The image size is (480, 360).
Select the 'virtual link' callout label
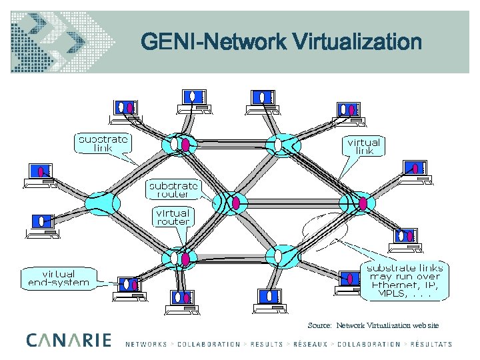click(364, 147)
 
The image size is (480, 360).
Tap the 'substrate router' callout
click(173, 189)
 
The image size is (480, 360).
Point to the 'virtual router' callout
click(173, 217)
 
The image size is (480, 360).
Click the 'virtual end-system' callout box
click(59, 278)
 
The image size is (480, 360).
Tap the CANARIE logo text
click(69, 340)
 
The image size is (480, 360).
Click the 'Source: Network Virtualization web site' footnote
click(373, 325)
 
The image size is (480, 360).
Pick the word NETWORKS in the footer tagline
click(146, 344)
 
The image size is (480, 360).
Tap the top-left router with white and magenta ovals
click(179, 143)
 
